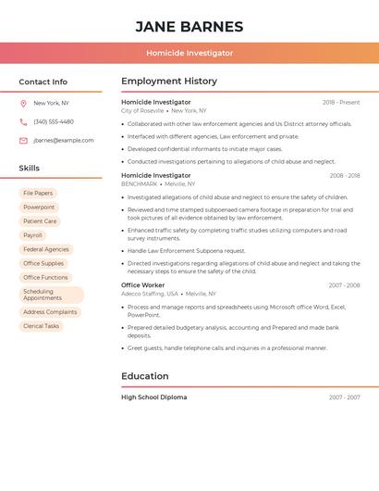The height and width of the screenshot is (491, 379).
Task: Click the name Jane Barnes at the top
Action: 189,27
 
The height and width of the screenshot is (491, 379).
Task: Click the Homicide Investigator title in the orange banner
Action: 189,53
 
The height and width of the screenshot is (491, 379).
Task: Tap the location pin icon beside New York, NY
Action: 23,104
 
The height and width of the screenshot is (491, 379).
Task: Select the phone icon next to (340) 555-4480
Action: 23,122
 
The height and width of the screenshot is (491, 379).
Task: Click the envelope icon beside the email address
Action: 23,141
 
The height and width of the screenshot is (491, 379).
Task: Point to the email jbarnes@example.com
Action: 64,141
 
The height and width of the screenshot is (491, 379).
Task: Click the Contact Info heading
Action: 43,82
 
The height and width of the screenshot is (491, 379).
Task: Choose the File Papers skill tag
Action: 38,194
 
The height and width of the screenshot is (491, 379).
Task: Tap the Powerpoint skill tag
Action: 39,208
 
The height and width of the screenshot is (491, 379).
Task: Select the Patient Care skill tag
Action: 40,221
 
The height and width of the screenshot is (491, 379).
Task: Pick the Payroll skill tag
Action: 32,235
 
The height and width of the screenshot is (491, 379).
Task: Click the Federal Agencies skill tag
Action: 46,249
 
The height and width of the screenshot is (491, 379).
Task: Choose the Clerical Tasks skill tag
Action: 41,326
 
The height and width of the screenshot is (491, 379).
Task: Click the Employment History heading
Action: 169,82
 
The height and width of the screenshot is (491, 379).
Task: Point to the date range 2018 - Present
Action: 341,103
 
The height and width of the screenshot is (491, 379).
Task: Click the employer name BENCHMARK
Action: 140,183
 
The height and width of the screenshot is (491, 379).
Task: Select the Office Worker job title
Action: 143,285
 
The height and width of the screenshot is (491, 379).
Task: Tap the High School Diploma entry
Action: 154,397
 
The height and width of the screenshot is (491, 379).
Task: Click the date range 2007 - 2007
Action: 344,397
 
